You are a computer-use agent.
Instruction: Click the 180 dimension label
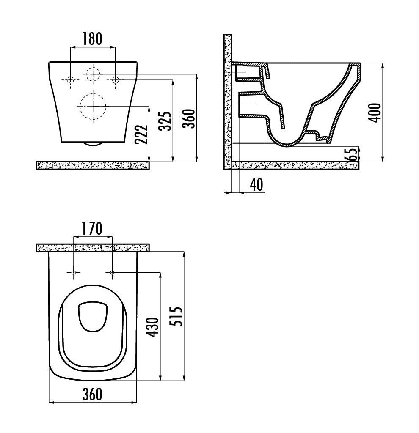(92, 38)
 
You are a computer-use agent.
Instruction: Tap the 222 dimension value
(141, 134)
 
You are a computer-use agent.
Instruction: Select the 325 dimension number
(165, 121)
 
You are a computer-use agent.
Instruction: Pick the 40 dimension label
(256, 185)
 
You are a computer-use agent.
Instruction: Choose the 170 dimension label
(92, 229)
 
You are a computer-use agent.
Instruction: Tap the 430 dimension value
(152, 328)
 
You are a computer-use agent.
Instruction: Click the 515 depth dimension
(176, 316)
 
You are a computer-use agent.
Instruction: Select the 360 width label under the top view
(92, 394)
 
